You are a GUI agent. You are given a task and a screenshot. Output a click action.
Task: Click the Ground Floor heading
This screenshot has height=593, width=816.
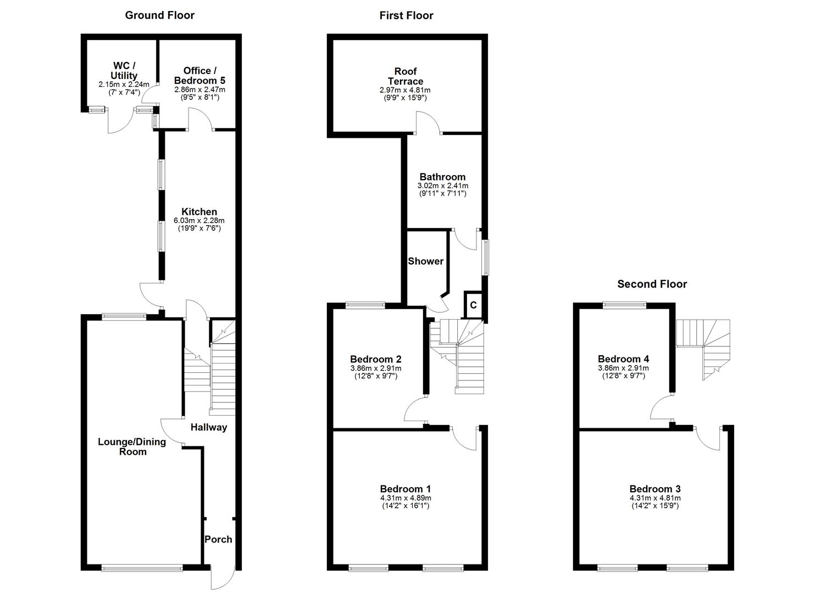[x=159, y=15]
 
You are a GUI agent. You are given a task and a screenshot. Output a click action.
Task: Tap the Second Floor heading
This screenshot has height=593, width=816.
[x=652, y=284]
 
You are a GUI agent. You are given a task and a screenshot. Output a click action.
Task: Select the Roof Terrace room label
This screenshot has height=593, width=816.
[x=406, y=76]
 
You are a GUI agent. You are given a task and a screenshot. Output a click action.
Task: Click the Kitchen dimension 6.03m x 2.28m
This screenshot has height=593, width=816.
[x=199, y=220]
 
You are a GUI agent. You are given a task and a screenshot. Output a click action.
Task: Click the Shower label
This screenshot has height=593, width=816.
[x=425, y=261]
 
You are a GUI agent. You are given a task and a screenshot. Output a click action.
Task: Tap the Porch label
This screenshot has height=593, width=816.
[x=218, y=539]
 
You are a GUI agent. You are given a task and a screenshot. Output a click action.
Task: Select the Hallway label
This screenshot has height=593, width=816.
[x=209, y=427]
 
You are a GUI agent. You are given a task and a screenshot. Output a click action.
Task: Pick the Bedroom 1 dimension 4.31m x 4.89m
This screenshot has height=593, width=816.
[x=406, y=498]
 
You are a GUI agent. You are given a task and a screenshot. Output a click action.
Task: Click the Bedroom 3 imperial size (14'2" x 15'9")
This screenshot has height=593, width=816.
[x=655, y=506]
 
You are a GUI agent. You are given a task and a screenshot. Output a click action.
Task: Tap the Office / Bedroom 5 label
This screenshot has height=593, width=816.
[x=200, y=75]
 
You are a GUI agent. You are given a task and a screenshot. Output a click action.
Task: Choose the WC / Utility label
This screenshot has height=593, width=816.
[x=124, y=71]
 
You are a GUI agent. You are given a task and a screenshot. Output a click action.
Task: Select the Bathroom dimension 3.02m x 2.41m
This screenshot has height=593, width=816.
[x=442, y=186]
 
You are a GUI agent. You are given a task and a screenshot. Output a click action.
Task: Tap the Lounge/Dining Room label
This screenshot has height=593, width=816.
[x=132, y=446]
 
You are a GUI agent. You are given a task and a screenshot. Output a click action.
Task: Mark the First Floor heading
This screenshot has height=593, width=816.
[x=406, y=15]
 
